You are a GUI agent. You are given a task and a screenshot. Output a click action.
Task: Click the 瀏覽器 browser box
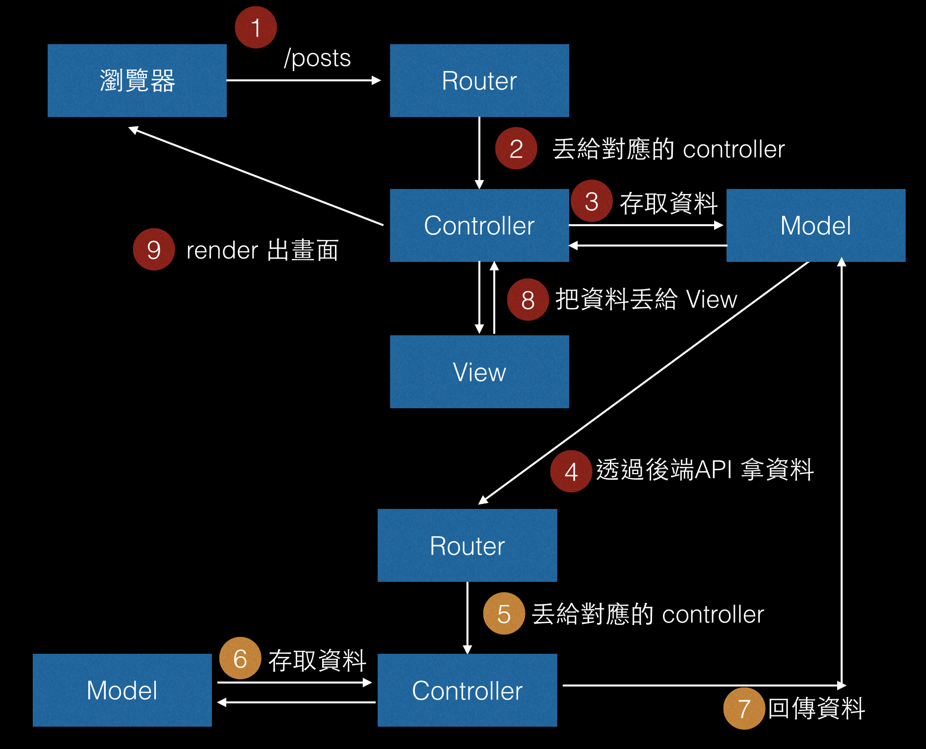(x=137, y=80)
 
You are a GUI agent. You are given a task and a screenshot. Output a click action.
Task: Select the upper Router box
(x=479, y=80)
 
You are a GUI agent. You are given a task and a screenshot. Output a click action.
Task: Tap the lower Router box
(x=467, y=545)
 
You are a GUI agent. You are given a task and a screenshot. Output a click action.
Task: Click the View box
(x=479, y=372)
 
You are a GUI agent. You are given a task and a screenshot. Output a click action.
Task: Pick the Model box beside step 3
(x=816, y=225)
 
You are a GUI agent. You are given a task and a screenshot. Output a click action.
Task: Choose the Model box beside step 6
(x=122, y=690)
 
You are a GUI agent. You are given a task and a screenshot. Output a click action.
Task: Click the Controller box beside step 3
(x=479, y=225)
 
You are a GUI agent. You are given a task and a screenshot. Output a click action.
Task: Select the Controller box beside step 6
(x=467, y=690)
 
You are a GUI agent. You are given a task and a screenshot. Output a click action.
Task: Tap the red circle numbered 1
(x=256, y=27)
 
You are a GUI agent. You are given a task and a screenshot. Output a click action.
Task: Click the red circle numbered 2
(x=516, y=148)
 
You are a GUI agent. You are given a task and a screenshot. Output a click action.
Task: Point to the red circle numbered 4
(x=571, y=471)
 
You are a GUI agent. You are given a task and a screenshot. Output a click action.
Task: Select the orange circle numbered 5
(x=504, y=614)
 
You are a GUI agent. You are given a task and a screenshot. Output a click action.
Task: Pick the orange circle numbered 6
(x=240, y=658)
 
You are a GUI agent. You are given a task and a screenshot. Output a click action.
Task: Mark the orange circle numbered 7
(x=744, y=708)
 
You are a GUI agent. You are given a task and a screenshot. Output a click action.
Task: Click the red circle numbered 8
(x=528, y=300)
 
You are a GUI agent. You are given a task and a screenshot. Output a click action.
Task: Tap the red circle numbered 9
(x=154, y=250)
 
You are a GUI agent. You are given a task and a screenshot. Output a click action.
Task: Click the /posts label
(x=318, y=59)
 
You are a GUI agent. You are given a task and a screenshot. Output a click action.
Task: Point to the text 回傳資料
(x=816, y=708)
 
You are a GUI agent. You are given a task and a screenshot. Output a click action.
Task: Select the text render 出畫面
(x=263, y=250)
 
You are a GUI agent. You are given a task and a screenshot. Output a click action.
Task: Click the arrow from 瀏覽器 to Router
(x=304, y=80)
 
